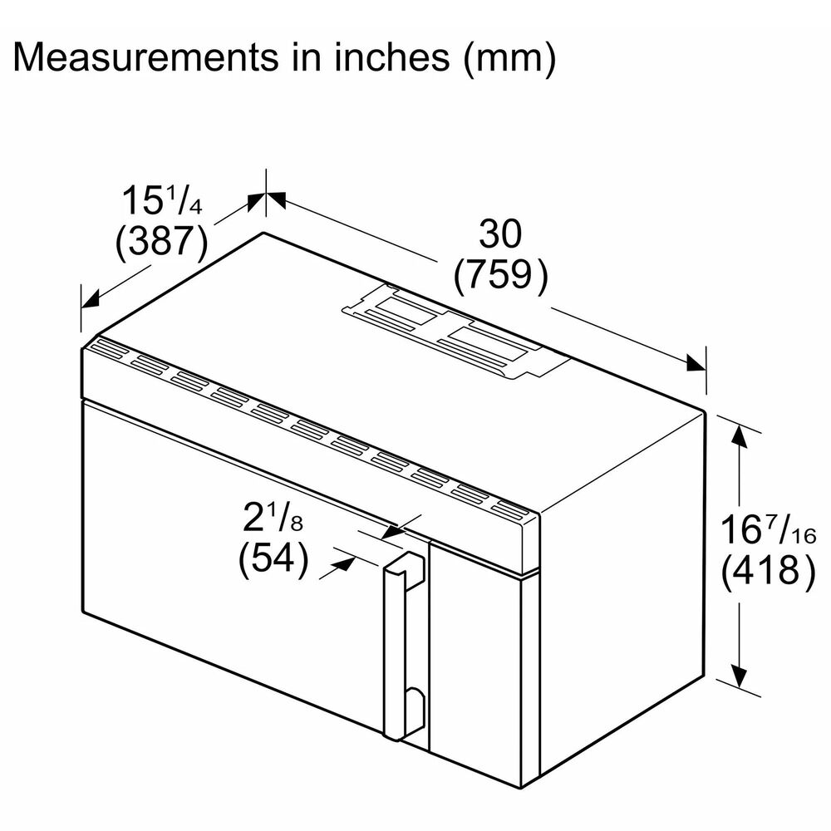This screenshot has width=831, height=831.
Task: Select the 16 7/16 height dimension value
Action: pos(765,529)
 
